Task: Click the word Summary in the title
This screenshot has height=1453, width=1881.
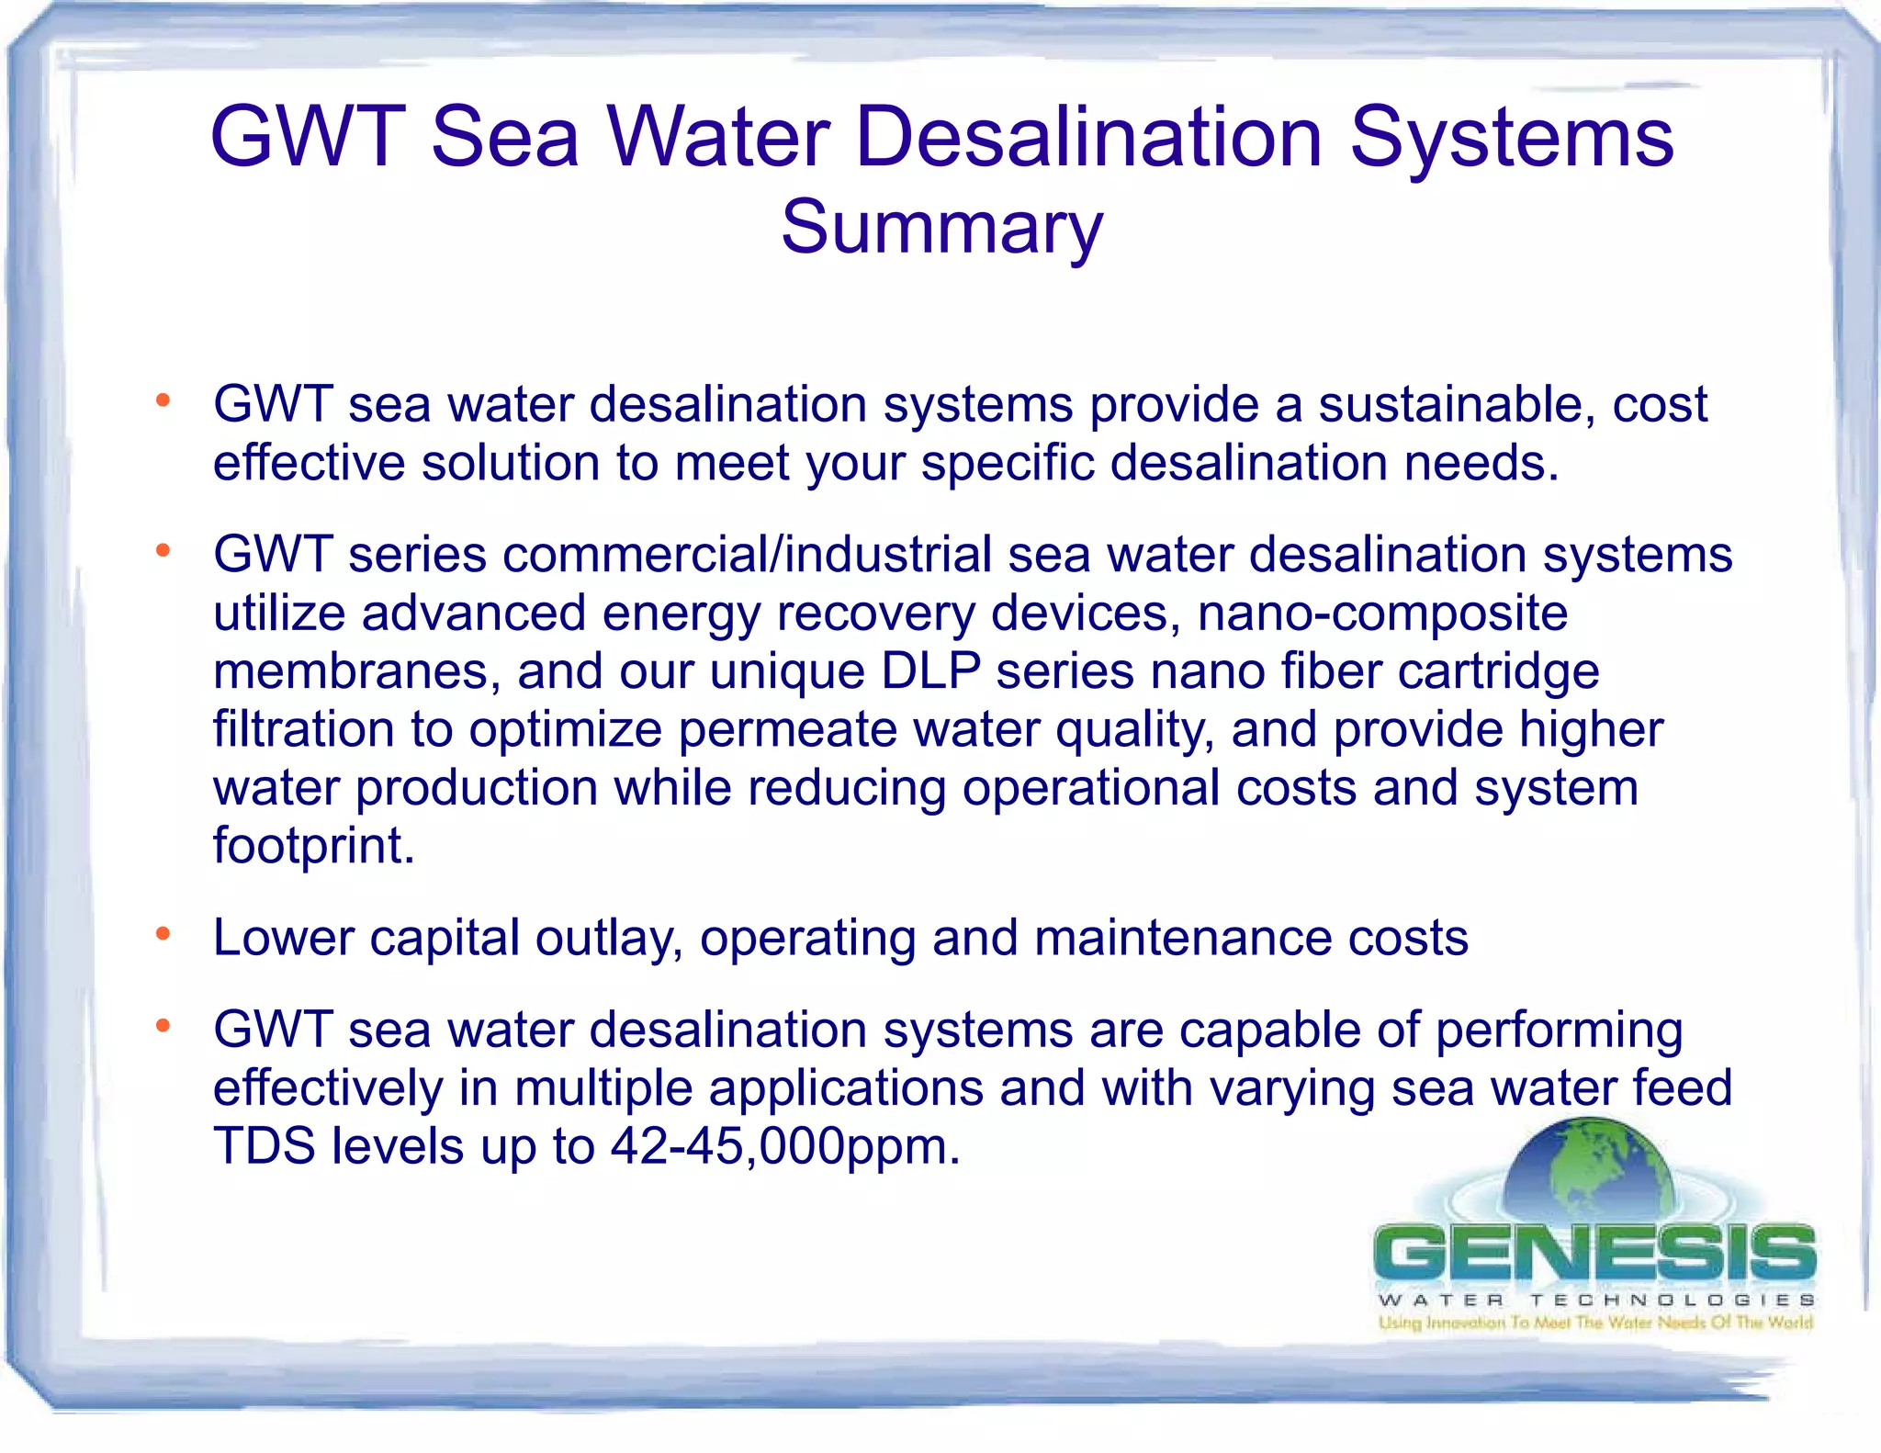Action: pos(941,228)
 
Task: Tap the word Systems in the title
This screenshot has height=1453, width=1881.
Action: pos(1512,138)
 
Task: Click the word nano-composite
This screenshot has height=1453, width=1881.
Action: pos(1382,613)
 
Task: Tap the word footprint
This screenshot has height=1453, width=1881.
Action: pos(313,846)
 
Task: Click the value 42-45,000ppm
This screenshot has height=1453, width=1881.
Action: pos(785,1146)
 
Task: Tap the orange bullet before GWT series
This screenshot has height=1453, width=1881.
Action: pos(163,551)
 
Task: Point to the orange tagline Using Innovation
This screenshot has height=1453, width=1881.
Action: pos(1595,1323)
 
